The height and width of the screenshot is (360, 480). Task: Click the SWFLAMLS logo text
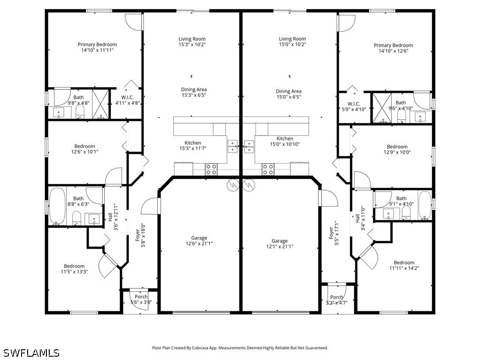[x=31, y=352]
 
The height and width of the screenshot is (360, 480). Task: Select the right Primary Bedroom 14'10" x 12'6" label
[x=393, y=48]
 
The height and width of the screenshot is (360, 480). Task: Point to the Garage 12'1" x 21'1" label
[x=280, y=244]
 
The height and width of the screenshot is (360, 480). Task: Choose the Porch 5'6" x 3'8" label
[x=141, y=300]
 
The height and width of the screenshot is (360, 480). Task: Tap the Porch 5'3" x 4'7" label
[x=337, y=300]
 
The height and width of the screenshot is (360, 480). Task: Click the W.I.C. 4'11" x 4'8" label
[x=124, y=100]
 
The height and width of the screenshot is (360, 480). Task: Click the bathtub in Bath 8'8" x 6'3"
[x=57, y=207]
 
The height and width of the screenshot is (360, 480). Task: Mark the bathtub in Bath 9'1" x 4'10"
[x=424, y=205]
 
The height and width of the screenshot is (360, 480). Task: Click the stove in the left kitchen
[x=211, y=169]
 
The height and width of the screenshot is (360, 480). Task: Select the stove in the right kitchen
[x=268, y=169]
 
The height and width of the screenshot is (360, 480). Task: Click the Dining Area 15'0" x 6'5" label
[x=288, y=94]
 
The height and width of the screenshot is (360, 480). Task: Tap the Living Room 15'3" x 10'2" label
[x=192, y=42]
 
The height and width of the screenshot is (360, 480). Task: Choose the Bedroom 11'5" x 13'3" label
[x=74, y=269]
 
